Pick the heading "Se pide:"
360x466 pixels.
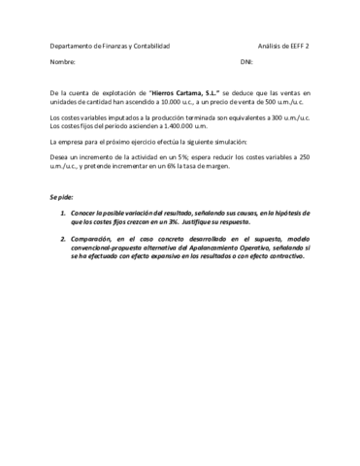click(x=61, y=197)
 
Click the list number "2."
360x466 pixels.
click(x=63, y=238)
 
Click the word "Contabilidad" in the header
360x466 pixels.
click(x=148, y=46)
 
